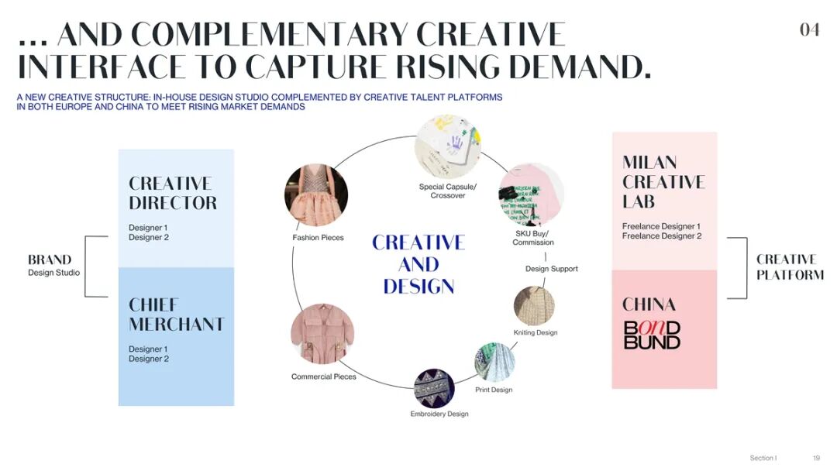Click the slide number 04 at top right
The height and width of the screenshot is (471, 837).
[x=809, y=29]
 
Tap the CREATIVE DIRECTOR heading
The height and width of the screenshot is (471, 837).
[x=173, y=193]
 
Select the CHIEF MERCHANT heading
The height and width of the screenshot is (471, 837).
[x=177, y=314]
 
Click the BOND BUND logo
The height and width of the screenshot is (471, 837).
[x=652, y=335]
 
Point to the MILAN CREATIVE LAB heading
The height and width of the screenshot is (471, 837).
[x=663, y=181]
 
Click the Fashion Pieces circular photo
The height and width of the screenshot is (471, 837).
[x=316, y=194]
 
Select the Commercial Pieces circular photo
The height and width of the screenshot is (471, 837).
[x=322, y=334]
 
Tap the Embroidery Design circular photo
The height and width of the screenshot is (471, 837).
[x=434, y=388]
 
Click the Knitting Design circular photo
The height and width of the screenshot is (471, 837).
[x=534, y=306]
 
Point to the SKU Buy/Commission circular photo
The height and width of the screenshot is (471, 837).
[x=531, y=194]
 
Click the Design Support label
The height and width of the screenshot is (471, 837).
[x=552, y=269]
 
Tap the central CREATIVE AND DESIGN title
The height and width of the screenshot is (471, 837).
[x=418, y=264]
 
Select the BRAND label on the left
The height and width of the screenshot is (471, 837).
[x=50, y=260]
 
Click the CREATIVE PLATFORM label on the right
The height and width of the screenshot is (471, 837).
[x=789, y=266]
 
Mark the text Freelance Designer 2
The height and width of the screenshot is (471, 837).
[x=661, y=236]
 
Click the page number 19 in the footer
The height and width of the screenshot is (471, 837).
[x=816, y=458]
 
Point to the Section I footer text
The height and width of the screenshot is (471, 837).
[x=763, y=458]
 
